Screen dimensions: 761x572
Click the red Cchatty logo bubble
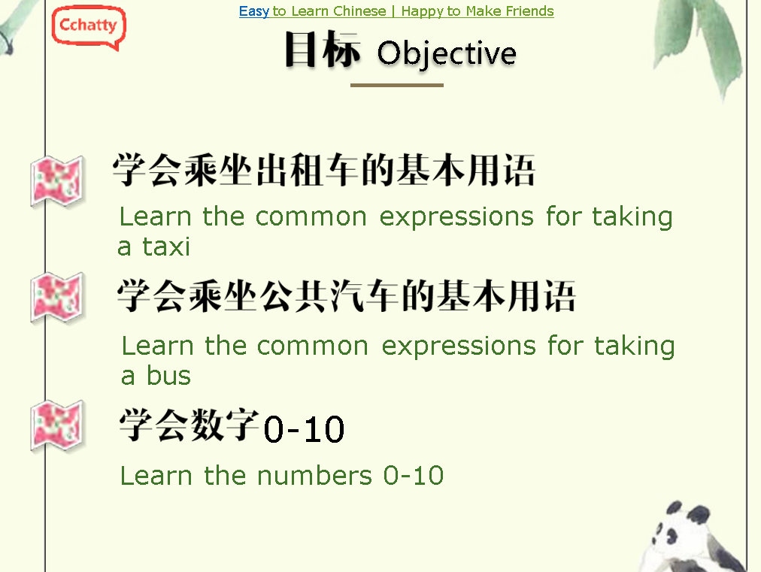coord(89,27)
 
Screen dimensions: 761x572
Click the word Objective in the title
coord(447,54)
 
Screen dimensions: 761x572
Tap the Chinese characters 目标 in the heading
coord(323,49)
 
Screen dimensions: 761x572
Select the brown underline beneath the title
coord(397,85)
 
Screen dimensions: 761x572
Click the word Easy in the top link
coord(254,11)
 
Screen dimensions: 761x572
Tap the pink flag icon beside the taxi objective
coord(57,180)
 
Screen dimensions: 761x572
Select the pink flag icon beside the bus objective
coord(57,297)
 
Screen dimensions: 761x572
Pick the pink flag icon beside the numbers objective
coord(57,425)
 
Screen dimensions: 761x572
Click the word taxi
coord(165,247)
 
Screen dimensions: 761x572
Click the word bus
coord(168,376)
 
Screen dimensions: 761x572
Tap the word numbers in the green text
coord(314,476)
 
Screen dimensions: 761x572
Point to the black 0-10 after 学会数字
coord(304,429)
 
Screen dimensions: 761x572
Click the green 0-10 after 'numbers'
coord(414,476)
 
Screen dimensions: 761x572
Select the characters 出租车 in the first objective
coord(308,170)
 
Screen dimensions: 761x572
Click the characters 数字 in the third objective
coord(225,425)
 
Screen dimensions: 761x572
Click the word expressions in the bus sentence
coord(459,347)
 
